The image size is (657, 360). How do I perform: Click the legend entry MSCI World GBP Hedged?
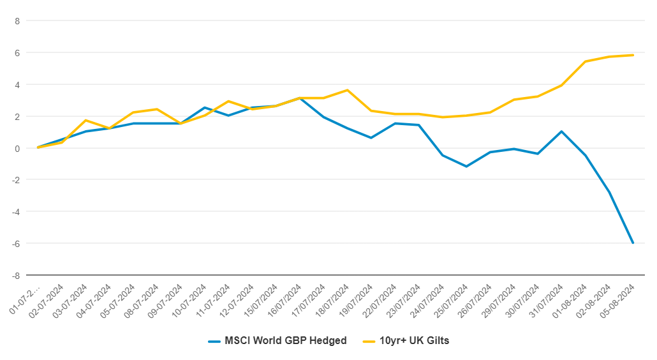(277, 341)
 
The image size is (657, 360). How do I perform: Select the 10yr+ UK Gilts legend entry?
(406, 341)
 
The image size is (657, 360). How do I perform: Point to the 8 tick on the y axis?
(17, 21)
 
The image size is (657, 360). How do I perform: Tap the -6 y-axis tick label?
(16, 243)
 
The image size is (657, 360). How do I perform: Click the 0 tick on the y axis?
(17, 148)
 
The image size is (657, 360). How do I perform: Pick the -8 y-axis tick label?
(16, 276)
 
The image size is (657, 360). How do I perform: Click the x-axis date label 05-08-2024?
(617, 301)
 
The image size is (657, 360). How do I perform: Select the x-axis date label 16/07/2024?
(284, 301)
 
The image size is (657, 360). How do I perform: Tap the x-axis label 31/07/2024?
(546, 301)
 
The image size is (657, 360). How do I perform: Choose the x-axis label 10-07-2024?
(189, 301)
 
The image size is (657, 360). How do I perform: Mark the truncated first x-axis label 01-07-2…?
(25, 299)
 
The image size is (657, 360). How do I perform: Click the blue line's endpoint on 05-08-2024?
(633, 243)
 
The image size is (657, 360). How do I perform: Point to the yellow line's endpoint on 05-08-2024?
(633, 55)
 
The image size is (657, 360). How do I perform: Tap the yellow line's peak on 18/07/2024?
(348, 90)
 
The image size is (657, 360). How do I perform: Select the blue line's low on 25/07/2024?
(466, 167)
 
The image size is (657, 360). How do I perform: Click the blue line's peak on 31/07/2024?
(561, 131)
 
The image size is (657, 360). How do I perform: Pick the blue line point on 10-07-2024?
(205, 108)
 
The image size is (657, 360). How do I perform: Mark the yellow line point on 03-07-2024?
(85, 120)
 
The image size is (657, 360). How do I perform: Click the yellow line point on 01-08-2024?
(586, 62)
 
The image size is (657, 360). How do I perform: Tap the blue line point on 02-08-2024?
(609, 192)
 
